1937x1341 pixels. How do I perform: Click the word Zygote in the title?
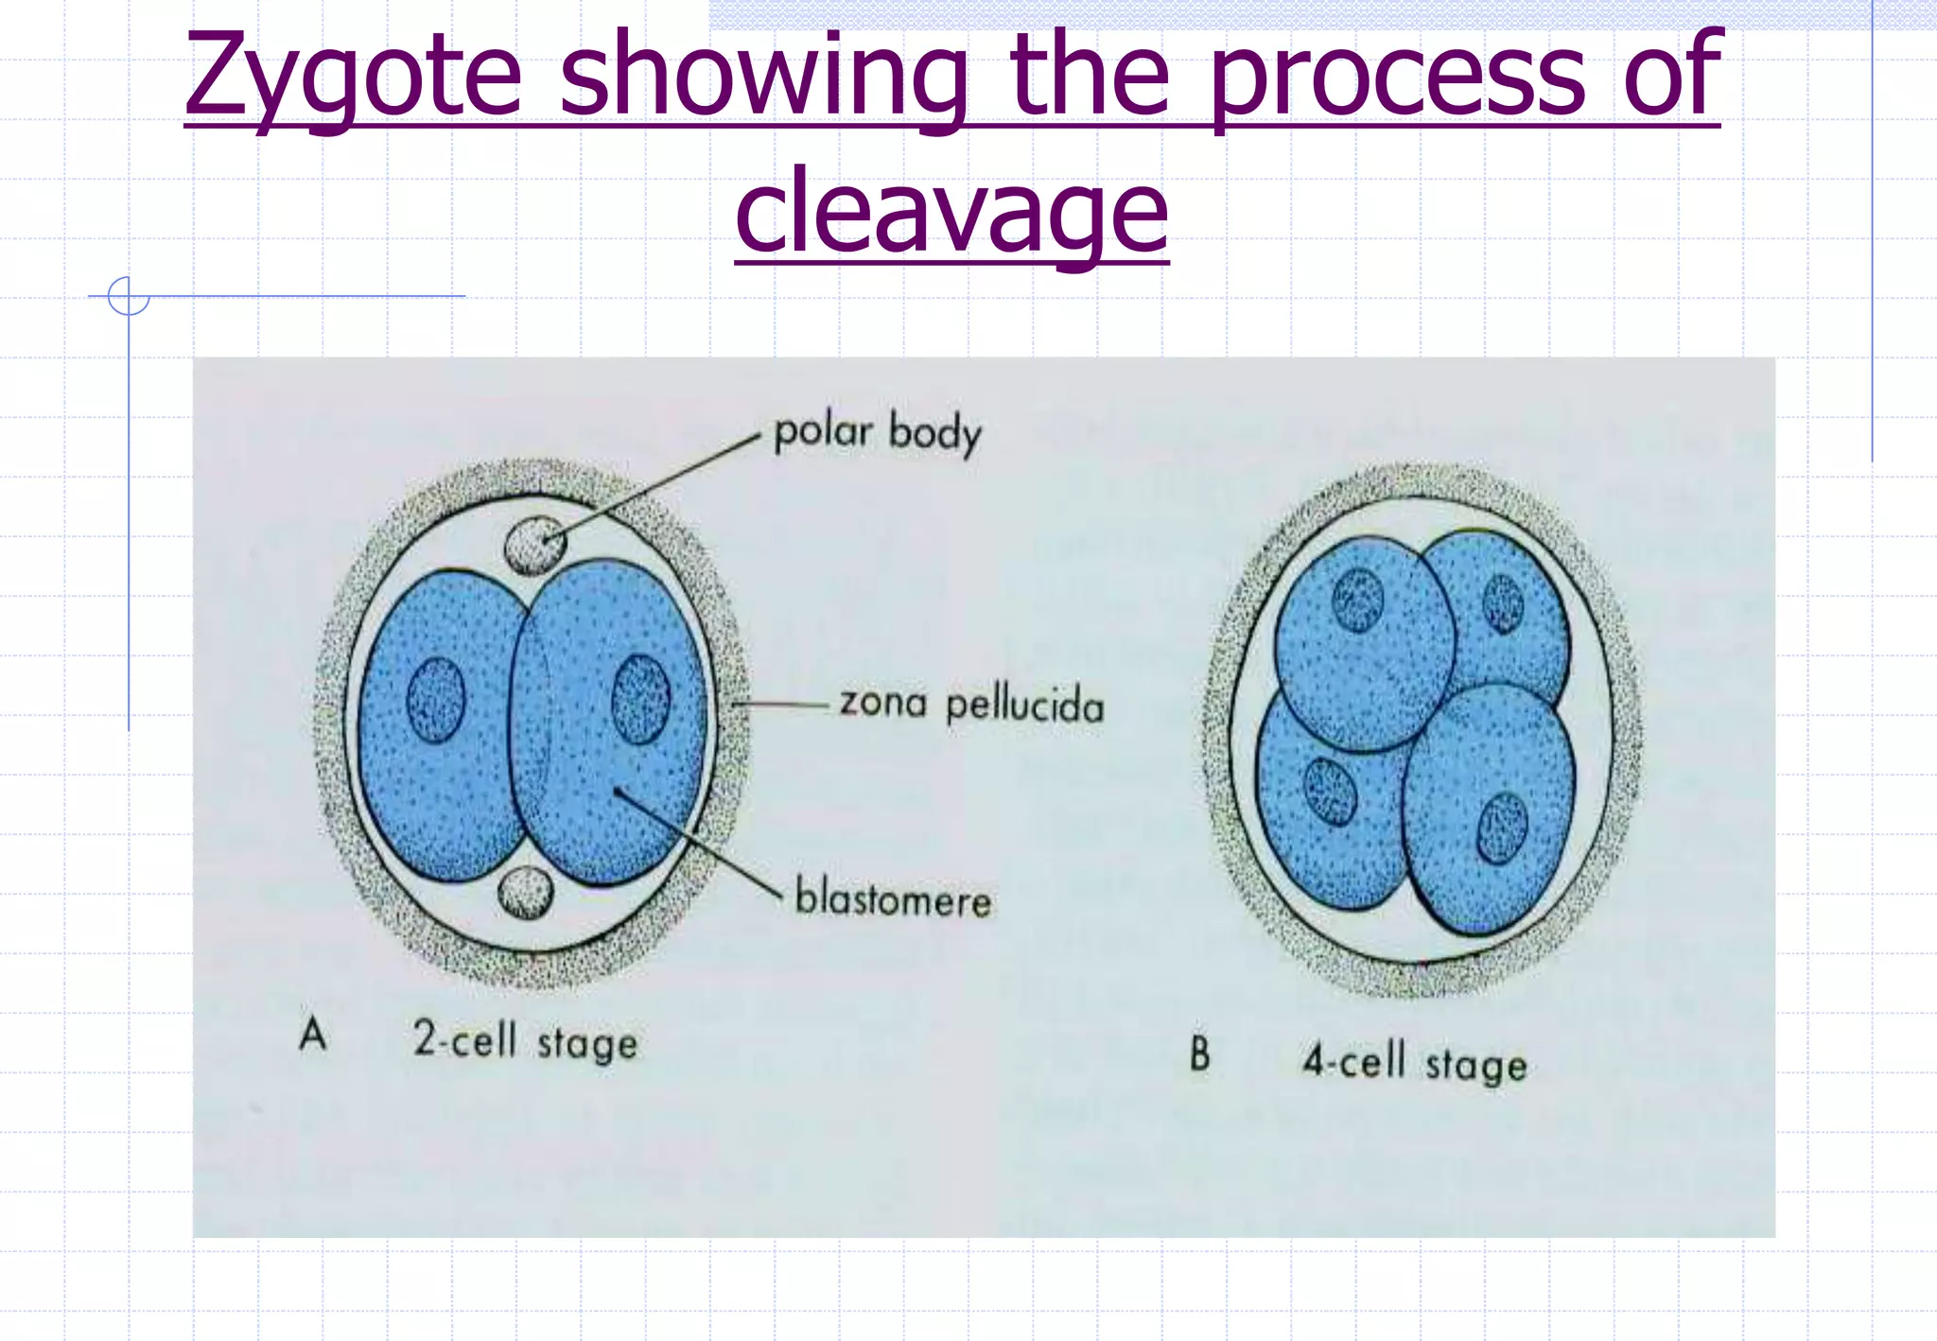(353, 76)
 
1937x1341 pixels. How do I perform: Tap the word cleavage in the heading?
(951, 212)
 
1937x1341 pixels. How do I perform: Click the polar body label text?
(878, 433)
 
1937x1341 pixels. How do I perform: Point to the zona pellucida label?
(971, 705)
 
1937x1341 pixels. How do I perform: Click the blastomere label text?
(893, 897)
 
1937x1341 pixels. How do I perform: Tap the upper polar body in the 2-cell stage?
(535, 546)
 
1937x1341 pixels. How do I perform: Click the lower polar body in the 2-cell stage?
(525, 892)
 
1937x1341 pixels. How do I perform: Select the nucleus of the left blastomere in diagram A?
(436, 700)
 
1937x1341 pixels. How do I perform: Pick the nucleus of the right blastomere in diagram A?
(640, 699)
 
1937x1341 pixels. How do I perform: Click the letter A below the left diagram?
(313, 1034)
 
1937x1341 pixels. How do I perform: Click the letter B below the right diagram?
(1199, 1054)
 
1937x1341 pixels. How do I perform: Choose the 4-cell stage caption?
(1415, 1063)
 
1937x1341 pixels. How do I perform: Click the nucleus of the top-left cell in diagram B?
(1357, 601)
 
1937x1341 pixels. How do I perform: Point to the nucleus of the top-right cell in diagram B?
(1503, 603)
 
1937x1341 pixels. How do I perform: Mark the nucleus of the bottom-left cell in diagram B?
(1330, 791)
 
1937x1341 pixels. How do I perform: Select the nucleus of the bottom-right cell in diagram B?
(1502, 827)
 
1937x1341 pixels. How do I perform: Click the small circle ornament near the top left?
(129, 296)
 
